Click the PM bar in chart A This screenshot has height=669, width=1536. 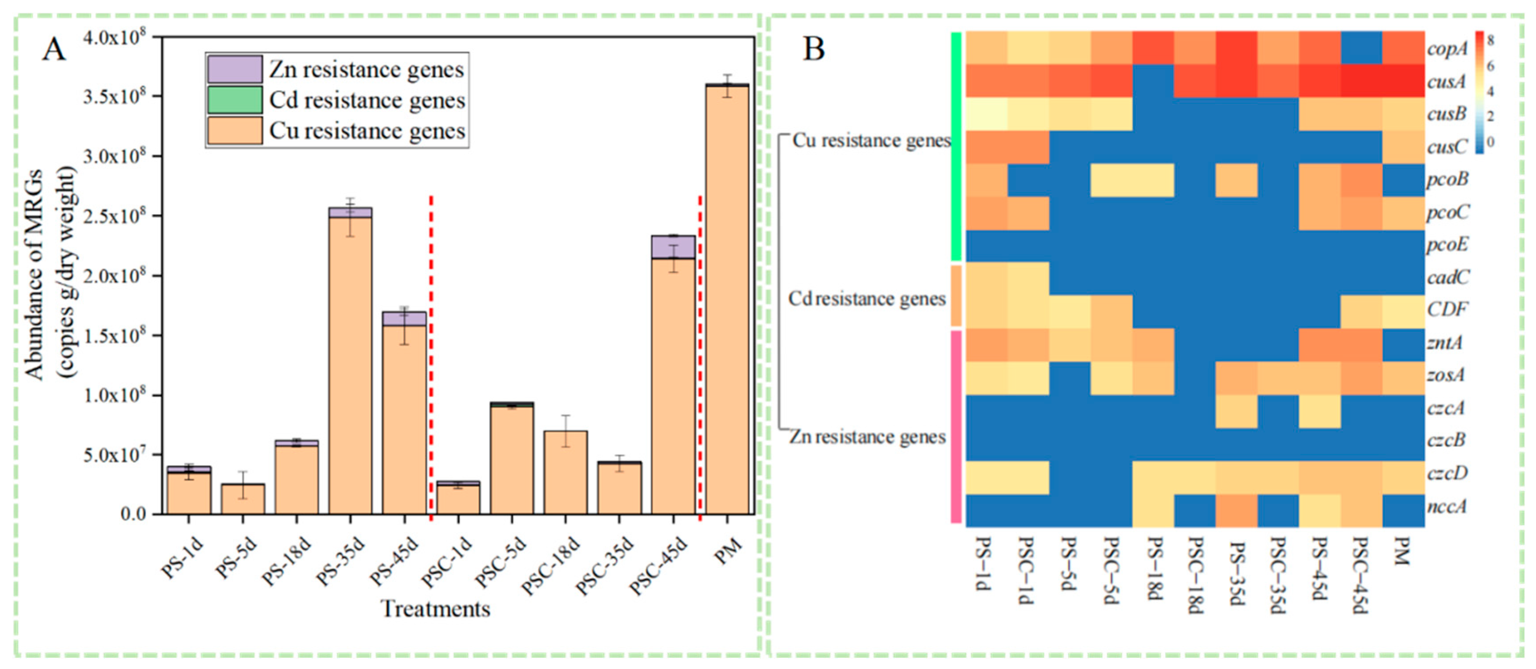(x=727, y=298)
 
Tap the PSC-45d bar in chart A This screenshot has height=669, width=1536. (x=673, y=382)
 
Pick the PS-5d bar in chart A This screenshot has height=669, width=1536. (x=243, y=499)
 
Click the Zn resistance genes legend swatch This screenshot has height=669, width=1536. (x=234, y=69)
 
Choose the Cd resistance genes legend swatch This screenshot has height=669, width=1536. (x=234, y=100)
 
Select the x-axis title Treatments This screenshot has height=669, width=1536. (x=435, y=609)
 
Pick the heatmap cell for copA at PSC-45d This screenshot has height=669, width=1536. (x=1362, y=48)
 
